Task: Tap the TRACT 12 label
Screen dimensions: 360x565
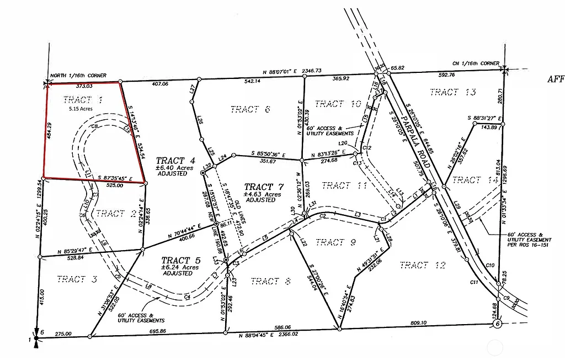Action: (x=422, y=266)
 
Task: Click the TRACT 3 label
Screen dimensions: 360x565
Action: (x=77, y=279)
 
